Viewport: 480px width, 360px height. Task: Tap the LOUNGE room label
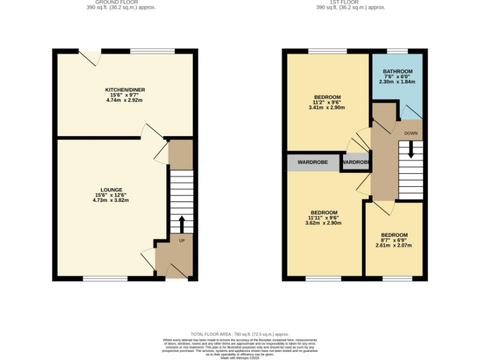[x=111, y=189]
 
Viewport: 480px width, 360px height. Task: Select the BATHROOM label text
[x=398, y=71]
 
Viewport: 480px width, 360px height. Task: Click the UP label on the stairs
[x=182, y=241]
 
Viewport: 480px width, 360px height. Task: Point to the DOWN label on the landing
[x=411, y=133]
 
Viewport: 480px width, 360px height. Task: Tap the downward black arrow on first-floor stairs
[x=411, y=150]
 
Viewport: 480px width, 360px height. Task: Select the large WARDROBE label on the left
[x=312, y=162]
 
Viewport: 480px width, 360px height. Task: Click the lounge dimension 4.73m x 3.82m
[x=111, y=200]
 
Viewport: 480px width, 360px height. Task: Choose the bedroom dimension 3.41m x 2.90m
[x=327, y=107]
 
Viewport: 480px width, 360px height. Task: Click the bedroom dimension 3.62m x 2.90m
[x=324, y=222]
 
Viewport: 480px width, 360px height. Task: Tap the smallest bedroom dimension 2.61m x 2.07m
[x=394, y=245]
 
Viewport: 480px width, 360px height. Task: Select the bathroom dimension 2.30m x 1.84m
[x=398, y=82]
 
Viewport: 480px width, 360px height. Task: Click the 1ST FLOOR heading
[x=351, y=2]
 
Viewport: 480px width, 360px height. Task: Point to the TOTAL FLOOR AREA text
[x=240, y=334]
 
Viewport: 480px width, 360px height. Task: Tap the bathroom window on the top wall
[x=397, y=51]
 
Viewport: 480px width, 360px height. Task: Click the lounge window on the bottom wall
[x=101, y=278]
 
